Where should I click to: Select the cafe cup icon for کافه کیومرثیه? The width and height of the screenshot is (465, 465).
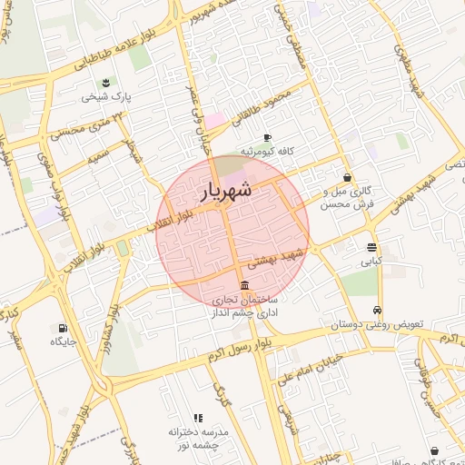click(x=267, y=137)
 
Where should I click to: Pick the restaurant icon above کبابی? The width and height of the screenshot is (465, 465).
click(x=371, y=247)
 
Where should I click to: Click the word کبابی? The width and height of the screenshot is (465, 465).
click(x=371, y=262)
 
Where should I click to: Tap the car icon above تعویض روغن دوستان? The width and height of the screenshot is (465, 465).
click(x=379, y=308)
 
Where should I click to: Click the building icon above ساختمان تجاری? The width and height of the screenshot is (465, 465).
click(x=245, y=285)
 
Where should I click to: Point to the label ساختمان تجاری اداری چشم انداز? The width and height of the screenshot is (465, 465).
click(x=246, y=306)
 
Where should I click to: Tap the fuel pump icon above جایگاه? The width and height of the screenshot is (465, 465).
click(x=62, y=329)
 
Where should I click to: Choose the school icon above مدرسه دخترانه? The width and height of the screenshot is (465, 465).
click(x=198, y=417)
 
